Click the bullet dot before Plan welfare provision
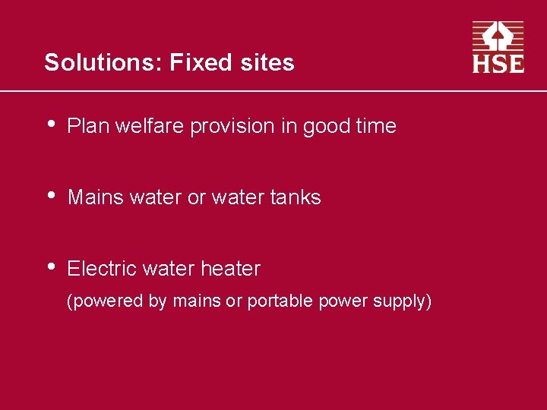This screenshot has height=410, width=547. (x=50, y=124)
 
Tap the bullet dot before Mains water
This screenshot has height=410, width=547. (x=50, y=195)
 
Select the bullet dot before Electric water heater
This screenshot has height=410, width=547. (x=50, y=266)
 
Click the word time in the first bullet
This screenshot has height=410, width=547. (x=375, y=126)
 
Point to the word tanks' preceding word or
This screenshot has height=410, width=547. (x=196, y=198)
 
